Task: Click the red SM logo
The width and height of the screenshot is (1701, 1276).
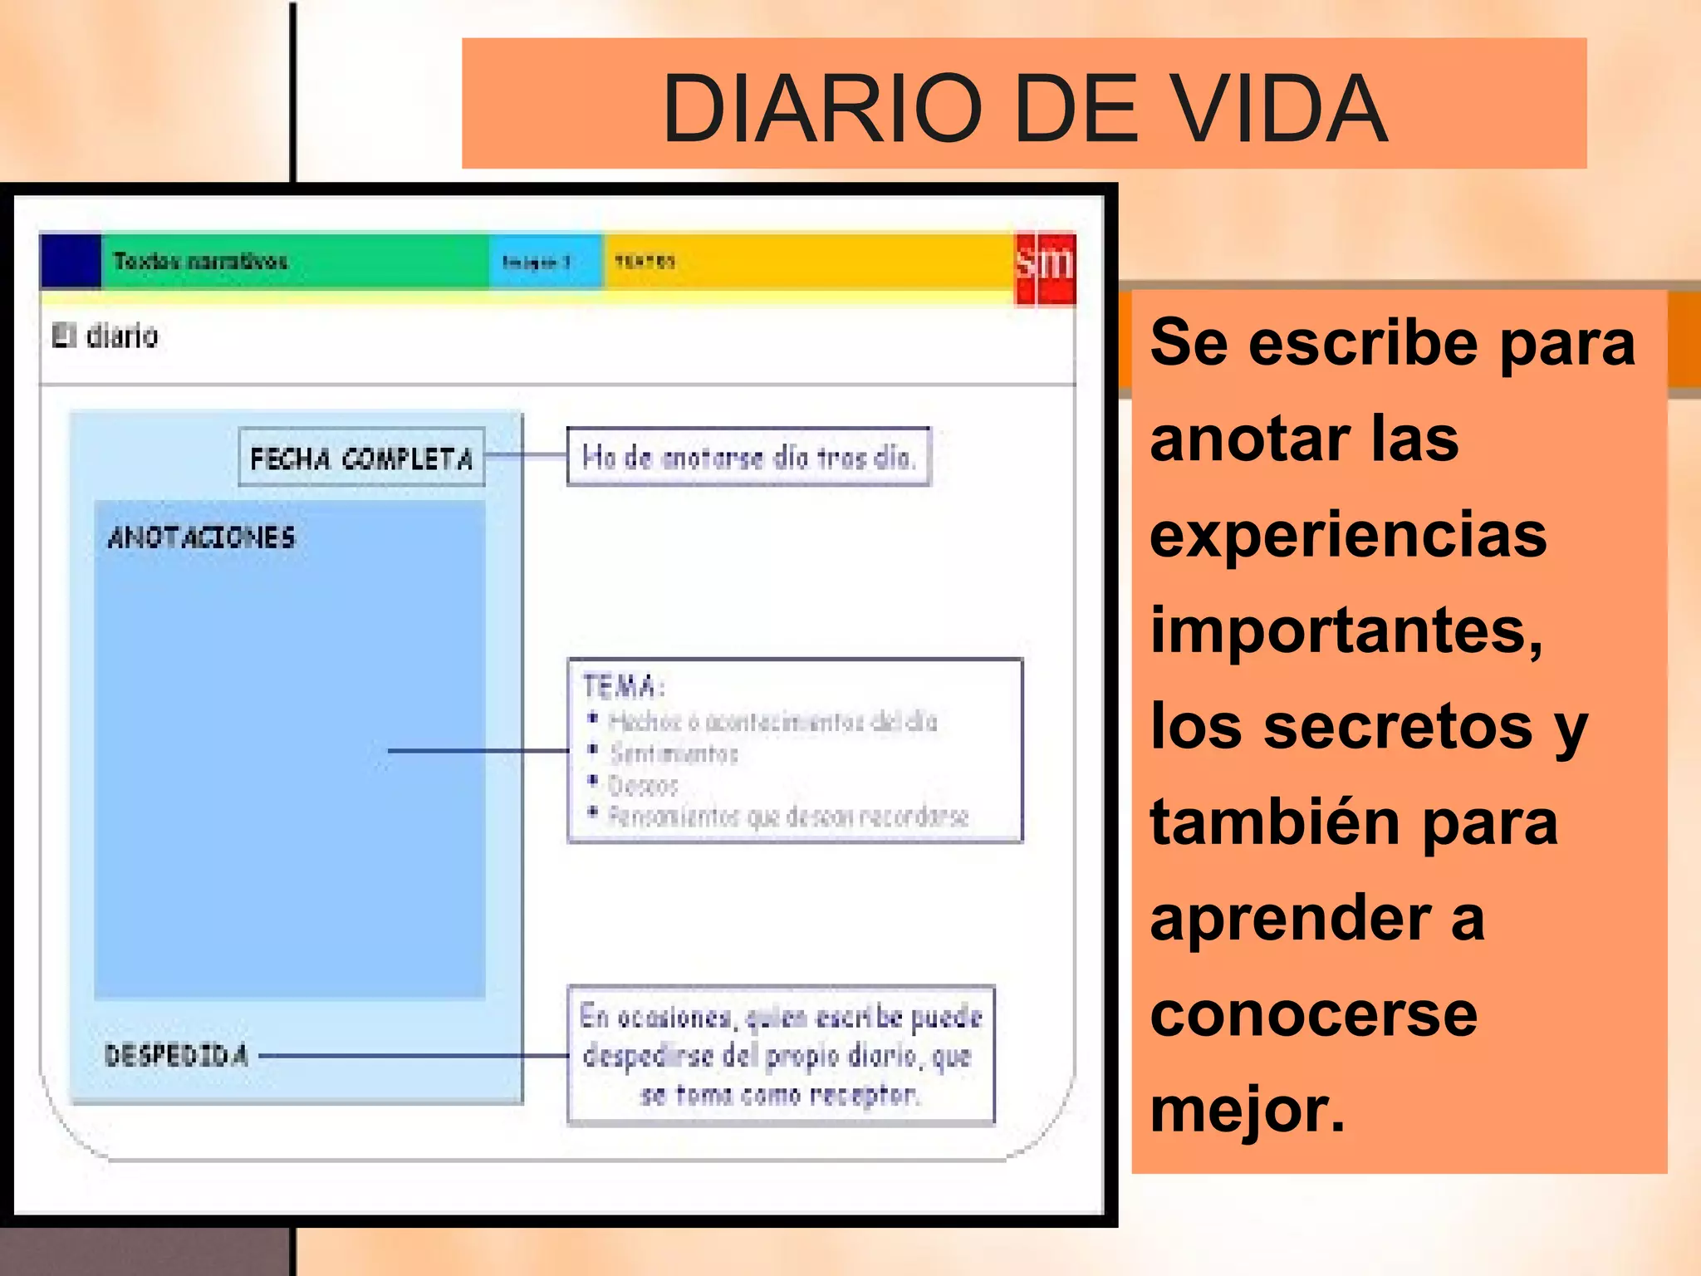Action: click(x=1046, y=267)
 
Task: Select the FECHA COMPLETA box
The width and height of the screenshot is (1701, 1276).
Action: click(x=361, y=457)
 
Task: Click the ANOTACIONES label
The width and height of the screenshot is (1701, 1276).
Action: click(x=202, y=537)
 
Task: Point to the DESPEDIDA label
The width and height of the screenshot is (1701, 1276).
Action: click(x=176, y=1055)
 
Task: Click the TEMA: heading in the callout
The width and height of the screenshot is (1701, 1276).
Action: click(x=623, y=687)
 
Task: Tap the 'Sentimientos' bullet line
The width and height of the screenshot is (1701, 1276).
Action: click(x=674, y=753)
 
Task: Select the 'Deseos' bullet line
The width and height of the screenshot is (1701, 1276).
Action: click(x=644, y=784)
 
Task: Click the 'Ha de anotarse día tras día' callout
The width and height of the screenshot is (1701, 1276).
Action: click(x=748, y=456)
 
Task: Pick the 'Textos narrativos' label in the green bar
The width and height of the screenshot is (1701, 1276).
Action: click(x=200, y=262)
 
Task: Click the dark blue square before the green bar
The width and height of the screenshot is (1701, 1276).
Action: click(x=71, y=261)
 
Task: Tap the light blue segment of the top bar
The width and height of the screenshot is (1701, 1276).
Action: click(x=545, y=262)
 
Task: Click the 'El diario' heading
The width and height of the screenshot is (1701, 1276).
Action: click(x=105, y=336)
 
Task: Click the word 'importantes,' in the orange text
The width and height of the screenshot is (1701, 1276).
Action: click(x=1346, y=631)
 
